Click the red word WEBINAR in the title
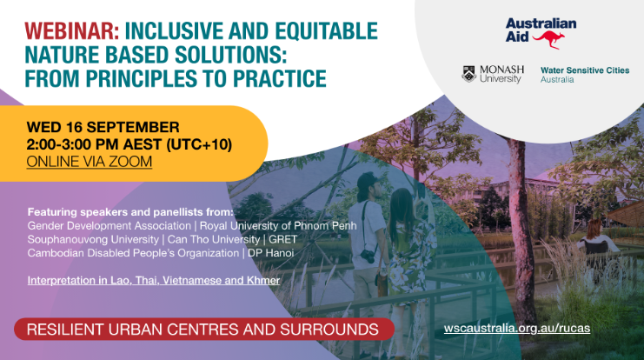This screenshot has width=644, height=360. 72,30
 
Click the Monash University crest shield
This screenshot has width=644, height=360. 469,74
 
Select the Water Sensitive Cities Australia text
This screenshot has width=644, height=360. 585,75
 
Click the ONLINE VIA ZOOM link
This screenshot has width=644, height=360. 90,162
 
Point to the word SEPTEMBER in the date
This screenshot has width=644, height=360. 133,127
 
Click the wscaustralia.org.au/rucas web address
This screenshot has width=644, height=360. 517,329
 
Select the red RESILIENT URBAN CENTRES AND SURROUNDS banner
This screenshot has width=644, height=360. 204,330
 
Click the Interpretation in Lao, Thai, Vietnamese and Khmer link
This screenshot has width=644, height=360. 154,280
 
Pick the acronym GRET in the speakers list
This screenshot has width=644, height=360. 283,239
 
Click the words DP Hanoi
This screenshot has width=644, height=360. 270,253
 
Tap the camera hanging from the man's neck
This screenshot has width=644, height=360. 368,256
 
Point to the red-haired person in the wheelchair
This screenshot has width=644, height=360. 597,238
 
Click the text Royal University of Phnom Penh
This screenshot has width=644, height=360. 278,225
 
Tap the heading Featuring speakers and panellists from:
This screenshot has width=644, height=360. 130,212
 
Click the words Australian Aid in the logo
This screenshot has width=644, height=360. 541,30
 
